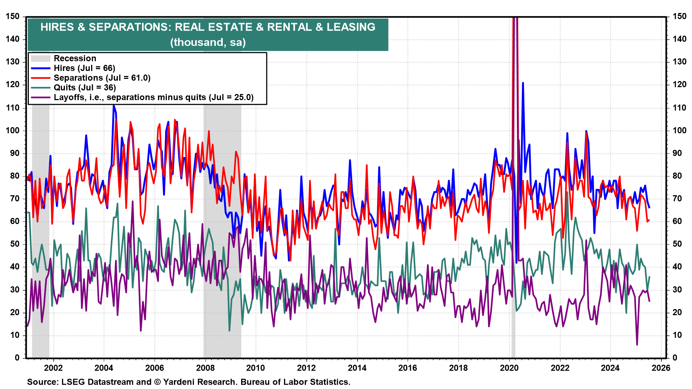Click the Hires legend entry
click(84, 68)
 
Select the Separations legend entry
click(102, 78)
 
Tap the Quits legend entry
click(85, 88)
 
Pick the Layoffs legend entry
click(154, 97)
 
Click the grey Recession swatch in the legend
click(40, 58)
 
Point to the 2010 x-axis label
click(256, 368)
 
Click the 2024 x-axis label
click(610, 368)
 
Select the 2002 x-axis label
click(53, 368)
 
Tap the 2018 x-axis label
click(458, 368)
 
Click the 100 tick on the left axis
click(13, 130)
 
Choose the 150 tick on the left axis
click(13, 17)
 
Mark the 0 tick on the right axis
click(675, 358)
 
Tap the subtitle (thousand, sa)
click(208, 42)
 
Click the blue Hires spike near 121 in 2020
click(523, 83)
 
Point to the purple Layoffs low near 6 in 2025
click(637, 344)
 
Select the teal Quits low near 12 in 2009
click(229, 330)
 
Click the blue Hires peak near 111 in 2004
click(114, 106)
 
